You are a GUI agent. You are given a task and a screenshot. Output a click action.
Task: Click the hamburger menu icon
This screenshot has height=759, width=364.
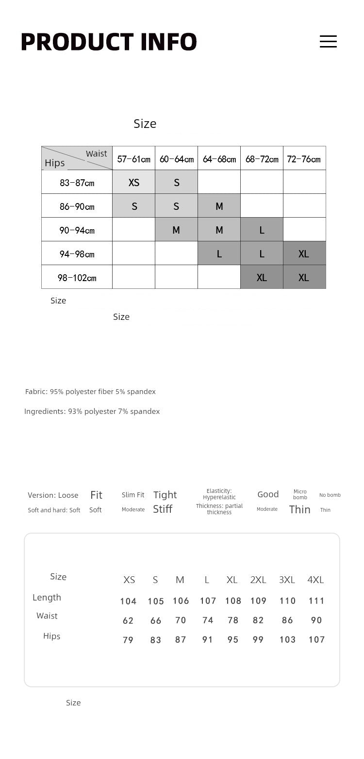[x=328, y=41]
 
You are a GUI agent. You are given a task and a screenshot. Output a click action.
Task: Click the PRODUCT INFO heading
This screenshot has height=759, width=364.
[x=109, y=42]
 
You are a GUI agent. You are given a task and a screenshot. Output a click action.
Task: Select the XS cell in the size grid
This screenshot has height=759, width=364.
[x=134, y=182]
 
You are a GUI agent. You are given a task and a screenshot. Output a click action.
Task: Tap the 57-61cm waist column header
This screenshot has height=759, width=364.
[x=133, y=159]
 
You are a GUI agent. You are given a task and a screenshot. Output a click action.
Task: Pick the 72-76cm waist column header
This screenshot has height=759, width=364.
[x=304, y=159]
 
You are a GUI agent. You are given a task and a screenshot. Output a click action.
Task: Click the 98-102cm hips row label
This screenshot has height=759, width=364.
[x=77, y=278]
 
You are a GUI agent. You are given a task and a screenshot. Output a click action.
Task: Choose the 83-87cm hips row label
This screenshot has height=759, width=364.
[x=77, y=183]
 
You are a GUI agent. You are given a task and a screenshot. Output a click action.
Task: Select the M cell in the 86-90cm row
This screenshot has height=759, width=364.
[x=219, y=206]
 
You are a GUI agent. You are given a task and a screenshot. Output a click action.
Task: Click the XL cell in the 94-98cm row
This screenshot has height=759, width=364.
[x=304, y=254]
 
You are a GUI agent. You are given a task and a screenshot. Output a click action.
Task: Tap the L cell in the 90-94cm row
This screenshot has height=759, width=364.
[x=262, y=230]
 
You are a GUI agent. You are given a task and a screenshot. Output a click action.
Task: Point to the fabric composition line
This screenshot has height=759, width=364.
[x=90, y=392]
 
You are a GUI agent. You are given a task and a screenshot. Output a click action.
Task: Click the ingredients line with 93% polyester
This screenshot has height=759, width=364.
[x=92, y=411]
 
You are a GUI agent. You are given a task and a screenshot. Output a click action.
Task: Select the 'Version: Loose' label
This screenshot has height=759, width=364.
[x=53, y=495]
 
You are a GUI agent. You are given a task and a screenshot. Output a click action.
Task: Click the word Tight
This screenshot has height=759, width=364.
[x=165, y=495]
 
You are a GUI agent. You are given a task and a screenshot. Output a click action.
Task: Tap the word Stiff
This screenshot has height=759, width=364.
[x=163, y=509]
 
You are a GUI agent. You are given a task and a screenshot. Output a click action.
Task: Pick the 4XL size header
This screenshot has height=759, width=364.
[x=315, y=580]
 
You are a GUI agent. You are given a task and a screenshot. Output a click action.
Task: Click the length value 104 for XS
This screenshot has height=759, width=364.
[x=128, y=601]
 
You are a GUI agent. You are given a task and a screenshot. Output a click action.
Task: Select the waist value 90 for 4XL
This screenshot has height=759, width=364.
[x=316, y=620]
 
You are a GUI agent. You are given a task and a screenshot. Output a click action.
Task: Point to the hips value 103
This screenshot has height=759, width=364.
[x=287, y=640]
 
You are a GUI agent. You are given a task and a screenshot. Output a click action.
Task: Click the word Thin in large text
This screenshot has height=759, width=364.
[x=299, y=509]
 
